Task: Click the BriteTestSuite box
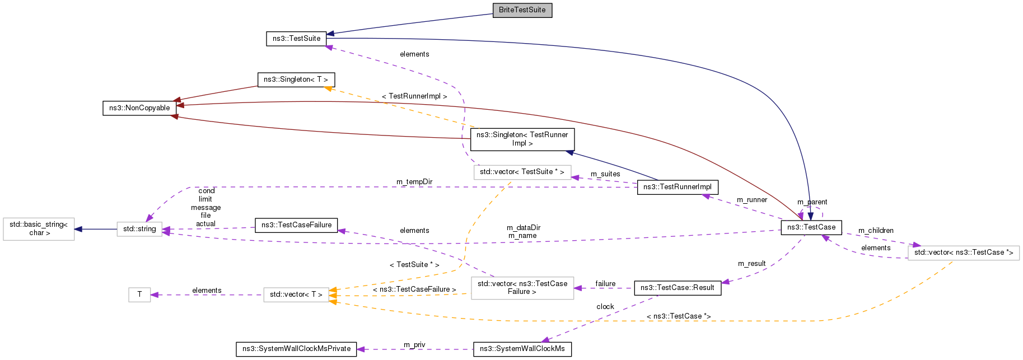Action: pyautogui.click(x=522, y=10)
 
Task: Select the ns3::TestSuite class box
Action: pyautogui.click(x=296, y=39)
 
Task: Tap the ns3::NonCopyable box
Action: pyautogui.click(x=139, y=108)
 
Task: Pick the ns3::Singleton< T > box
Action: pyautogui.click(x=296, y=80)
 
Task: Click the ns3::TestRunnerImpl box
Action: pyautogui.click(x=677, y=187)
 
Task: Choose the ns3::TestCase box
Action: pyautogui.click(x=811, y=227)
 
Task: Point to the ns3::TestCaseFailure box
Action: pyautogui.click(x=296, y=225)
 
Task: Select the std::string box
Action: pyautogui.click(x=139, y=229)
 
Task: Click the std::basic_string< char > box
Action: pyautogui.click(x=39, y=229)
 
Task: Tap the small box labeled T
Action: pyautogui.click(x=139, y=294)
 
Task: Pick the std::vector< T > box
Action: pyautogui.click(x=296, y=294)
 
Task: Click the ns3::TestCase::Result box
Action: pyautogui.click(x=677, y=288)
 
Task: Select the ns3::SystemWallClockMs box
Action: pyautogui.click(x=522, y=349)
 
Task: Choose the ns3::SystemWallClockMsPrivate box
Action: pyautogui.click(x=296, y=349)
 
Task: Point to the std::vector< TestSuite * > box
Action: pyautogui.click(x=522, y=172)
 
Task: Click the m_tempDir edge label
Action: pyautogui.click(x=414, y=182)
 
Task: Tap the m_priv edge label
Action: pyautogui.click(x=414, y=345)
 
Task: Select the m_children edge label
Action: pyautogui.click(x=876, y=231)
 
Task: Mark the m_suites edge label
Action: pyautogui.click(x=605, y=174)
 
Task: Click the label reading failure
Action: pyautogui.click(x=605, y=284)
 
